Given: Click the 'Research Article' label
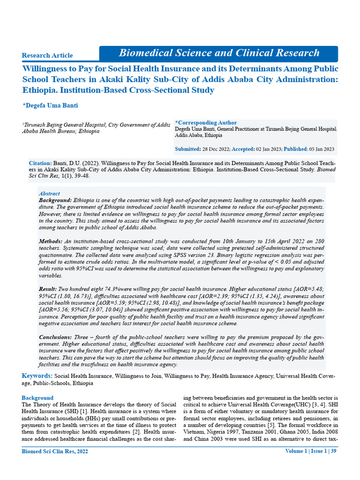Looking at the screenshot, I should pos(47,55).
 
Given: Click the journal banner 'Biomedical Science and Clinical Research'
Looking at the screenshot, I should pos(219,53).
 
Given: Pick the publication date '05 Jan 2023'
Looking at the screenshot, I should pos(321,149).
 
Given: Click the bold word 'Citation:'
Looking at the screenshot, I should pos(40,163).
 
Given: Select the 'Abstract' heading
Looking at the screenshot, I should pos(49,194).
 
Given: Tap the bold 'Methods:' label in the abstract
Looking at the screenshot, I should pos(50,240).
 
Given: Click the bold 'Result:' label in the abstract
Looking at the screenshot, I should pos(48,291).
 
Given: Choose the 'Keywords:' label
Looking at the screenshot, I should pos(37,376).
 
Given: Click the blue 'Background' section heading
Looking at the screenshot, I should pos(38,398).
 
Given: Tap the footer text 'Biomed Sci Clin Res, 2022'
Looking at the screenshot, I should pos(55,465).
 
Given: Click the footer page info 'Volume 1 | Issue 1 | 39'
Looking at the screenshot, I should pos(311,464).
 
